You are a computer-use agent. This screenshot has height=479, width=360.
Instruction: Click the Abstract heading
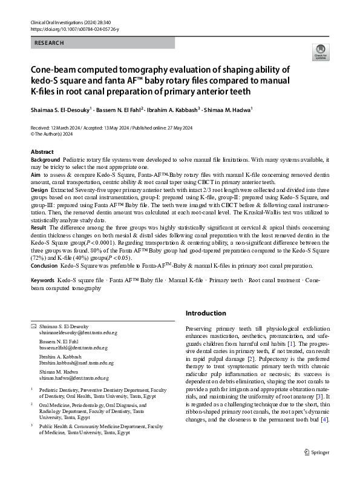pyautogui.click(x=42, y=151)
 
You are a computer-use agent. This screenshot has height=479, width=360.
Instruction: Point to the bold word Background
pyautogui.click(x=45, y=159)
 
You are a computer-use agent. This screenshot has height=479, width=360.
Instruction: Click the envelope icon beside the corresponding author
pyautogui.click(x=34, y=326)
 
